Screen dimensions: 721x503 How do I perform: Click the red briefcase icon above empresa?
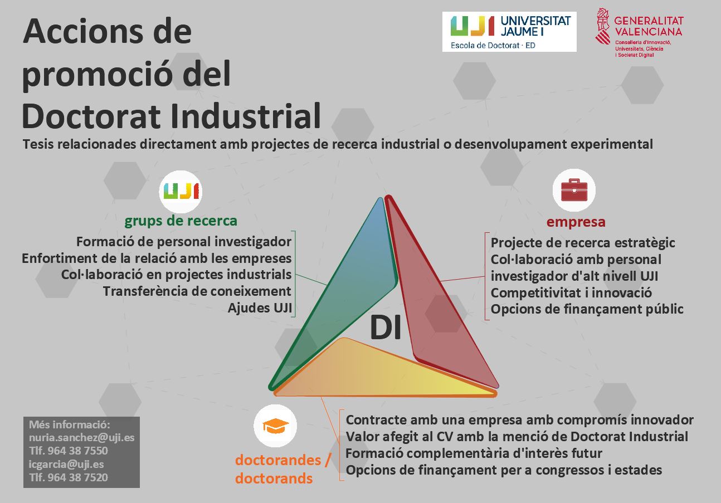point(574,190)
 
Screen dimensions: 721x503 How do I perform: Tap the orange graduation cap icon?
point(275,426)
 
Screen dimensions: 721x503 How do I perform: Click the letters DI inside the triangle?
point(385,328)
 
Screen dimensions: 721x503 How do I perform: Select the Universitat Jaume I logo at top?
point(509,32)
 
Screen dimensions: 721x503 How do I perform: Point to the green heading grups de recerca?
point(181,221)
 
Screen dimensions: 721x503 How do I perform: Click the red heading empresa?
point(576,222)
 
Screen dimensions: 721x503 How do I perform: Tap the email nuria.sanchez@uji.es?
point(81,437)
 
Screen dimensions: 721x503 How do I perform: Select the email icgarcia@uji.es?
point(66,464)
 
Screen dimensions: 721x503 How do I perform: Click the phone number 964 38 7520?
point(77,477)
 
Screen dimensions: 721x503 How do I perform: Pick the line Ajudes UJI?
point(260,308)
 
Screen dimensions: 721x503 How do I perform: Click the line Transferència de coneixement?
point(197,291)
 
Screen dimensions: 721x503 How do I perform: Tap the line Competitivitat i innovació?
point(571,293)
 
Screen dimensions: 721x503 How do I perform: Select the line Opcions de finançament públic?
point(587,309)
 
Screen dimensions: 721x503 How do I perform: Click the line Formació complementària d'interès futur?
point(474,453)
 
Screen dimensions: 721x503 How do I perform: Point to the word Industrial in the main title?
point(246,116)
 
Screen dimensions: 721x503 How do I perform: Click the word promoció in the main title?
point(96,74)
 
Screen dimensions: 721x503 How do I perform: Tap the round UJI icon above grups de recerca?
point(181,192)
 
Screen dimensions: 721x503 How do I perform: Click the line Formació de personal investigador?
point(184,242)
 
